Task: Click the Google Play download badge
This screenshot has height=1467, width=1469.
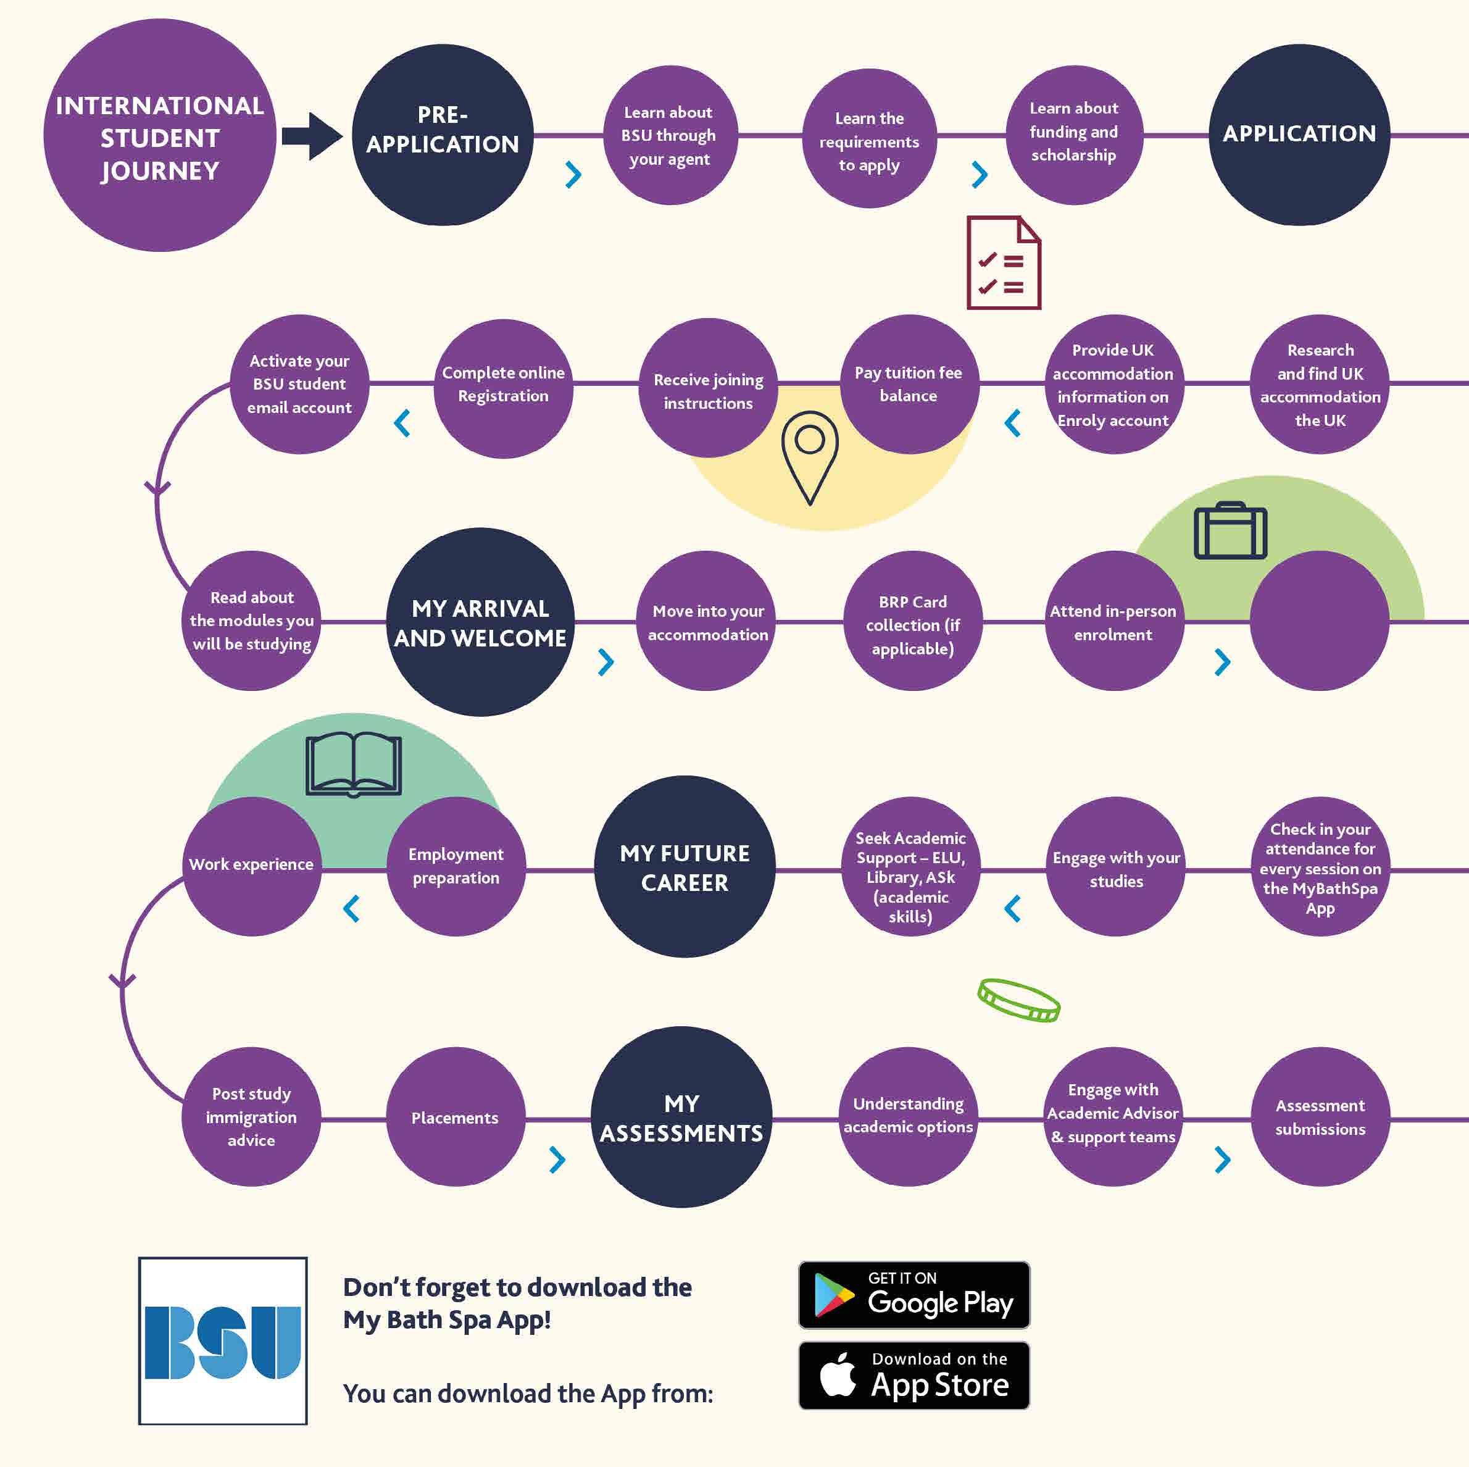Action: [914, 1295]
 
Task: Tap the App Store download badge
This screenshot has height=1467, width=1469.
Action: [914, 1376]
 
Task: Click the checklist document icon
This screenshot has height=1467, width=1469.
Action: [1003, 263]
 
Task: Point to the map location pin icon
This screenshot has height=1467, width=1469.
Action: [810, 456]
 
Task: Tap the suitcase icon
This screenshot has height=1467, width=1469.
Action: [1230, 531]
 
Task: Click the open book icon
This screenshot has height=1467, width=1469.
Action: [354, 764]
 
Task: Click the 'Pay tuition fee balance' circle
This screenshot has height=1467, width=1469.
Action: [909, 384]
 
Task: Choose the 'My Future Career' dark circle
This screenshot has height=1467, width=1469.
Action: [685, 867]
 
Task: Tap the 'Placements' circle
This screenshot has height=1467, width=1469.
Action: [456, 1117]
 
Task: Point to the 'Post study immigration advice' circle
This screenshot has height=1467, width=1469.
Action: [251, 1116]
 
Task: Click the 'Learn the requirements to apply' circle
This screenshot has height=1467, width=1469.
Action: [869, 139]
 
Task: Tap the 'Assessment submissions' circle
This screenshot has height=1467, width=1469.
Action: [1320, 1116]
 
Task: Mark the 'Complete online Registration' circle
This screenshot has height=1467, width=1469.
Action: [504, 385]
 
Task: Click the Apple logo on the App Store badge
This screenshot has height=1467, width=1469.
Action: [839, 1376]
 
